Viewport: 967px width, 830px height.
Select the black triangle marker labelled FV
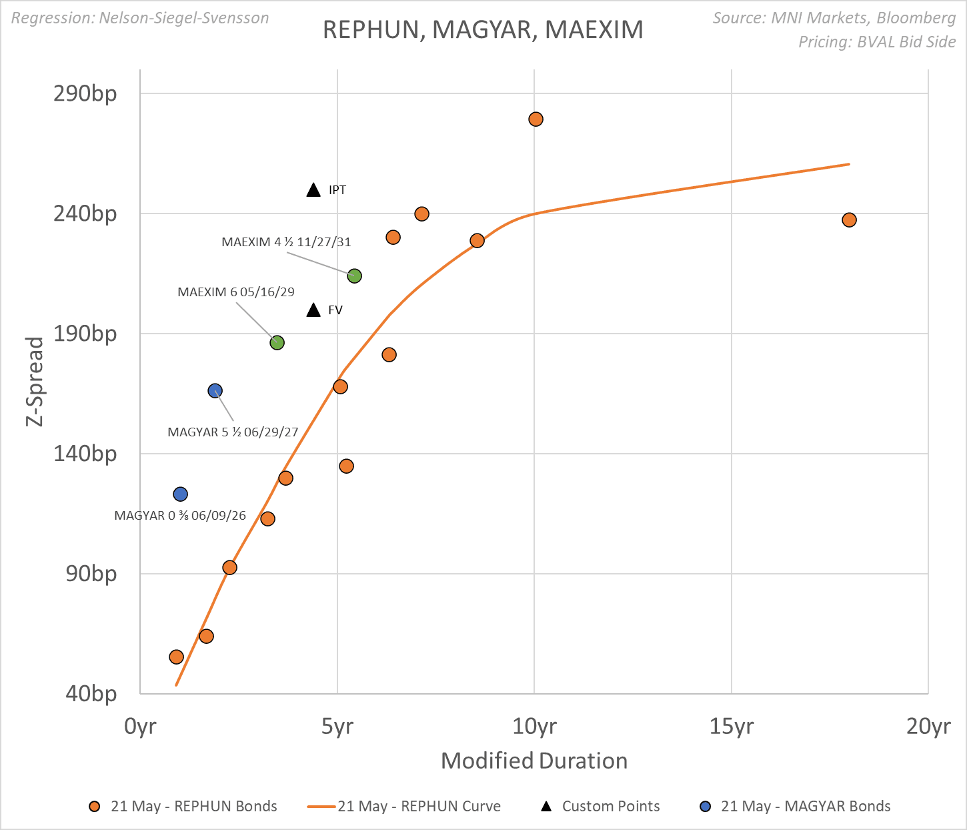tap(313, 310)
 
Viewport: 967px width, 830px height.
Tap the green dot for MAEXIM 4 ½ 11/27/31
tap(354, 276)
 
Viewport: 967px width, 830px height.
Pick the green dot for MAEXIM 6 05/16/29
tap(277, 342)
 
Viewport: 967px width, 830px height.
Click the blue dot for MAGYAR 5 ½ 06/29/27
tap(215, 391)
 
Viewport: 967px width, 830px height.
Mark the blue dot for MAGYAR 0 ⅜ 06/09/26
tap(180, 494)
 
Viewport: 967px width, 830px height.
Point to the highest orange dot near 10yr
tap(536, 119)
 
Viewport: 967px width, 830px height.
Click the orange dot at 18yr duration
tap(849, 220)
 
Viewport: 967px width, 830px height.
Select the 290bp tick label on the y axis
tap(85, 93)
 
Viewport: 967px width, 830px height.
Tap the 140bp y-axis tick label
tap(85, 454)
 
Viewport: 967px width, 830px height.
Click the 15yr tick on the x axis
tap(732, 726)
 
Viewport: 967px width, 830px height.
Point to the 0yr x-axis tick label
tap(140, 726)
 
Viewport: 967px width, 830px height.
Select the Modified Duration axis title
tap(534, 761)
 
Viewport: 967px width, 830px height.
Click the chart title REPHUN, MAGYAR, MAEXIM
tap(483, 30)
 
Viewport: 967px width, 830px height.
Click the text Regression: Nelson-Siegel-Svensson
tap(140, 18)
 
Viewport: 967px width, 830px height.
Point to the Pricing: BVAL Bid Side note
tap(877, 42)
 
